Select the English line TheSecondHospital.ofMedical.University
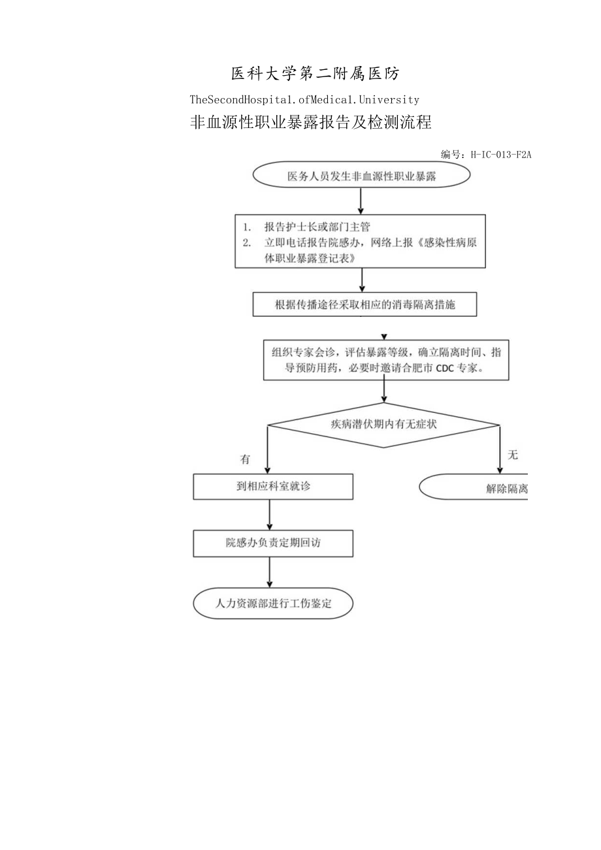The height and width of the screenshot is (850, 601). [x=304, y=100]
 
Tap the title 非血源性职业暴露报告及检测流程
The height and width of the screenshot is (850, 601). [x=310, y=123]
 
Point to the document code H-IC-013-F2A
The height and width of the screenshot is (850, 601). [x=498, y=155]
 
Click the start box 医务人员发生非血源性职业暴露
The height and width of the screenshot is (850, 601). [x=361, y=176]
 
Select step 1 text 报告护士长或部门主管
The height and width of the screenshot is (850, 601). [x=317, y=227]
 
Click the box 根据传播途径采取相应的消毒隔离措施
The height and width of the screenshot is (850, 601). [x=365, y=304]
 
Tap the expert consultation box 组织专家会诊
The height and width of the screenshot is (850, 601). [x=385, y=359]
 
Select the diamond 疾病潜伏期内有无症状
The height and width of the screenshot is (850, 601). [x=384, y=424]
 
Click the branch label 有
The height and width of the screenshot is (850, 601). [x=245, y=459]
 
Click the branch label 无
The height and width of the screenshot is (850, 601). [x=513, y=455]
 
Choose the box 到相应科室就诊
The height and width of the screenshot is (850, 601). [x=273, y=487]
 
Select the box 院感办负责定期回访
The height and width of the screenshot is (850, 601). [x=273, y=542]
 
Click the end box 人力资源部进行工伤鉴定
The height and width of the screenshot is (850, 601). [x=273, y=604]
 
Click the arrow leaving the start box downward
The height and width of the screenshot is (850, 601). [x=361, y=201]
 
